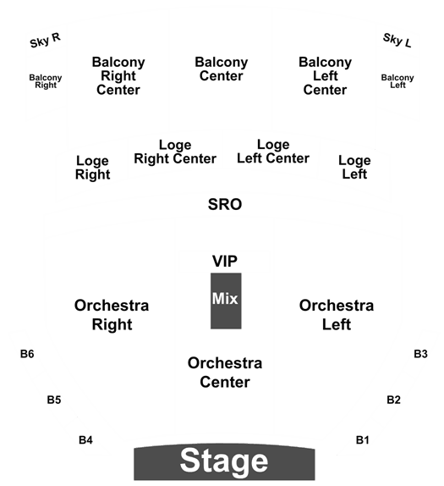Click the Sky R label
tap(45, 41)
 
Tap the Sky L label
tap(397, 41)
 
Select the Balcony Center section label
tap(222, 69)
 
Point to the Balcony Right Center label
tap(118, 76)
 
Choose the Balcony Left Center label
tap(325, 76)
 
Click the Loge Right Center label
tap(175, 152)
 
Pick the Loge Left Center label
tap(273, 152)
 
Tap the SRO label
tap(225, 205)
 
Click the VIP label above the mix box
tap(225, 261)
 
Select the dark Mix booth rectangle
tap(226, 301)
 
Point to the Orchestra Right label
tap(112, 315)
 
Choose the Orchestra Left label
tap(337, 315)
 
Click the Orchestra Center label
tap(225, 373)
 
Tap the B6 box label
tap(27, 354)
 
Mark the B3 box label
tap(420, 354)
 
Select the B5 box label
tap(54, 400)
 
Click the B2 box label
tap(393, 400)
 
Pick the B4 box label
tap(85, 439)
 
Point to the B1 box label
tap(362, 439)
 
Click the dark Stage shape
tap(224, 461)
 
